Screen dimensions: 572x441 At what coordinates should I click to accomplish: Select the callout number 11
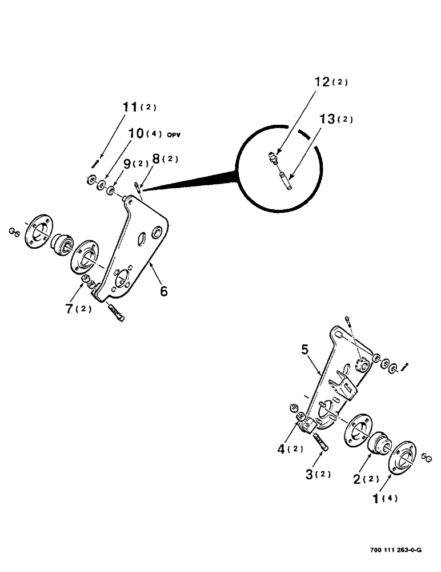pyautogui.click(x=131, y=107)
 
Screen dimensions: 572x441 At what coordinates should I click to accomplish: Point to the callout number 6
pyautogui.click(x=164, y=292)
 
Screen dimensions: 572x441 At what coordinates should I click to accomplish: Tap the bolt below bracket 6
pyautogui.click(x=115, y=313)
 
